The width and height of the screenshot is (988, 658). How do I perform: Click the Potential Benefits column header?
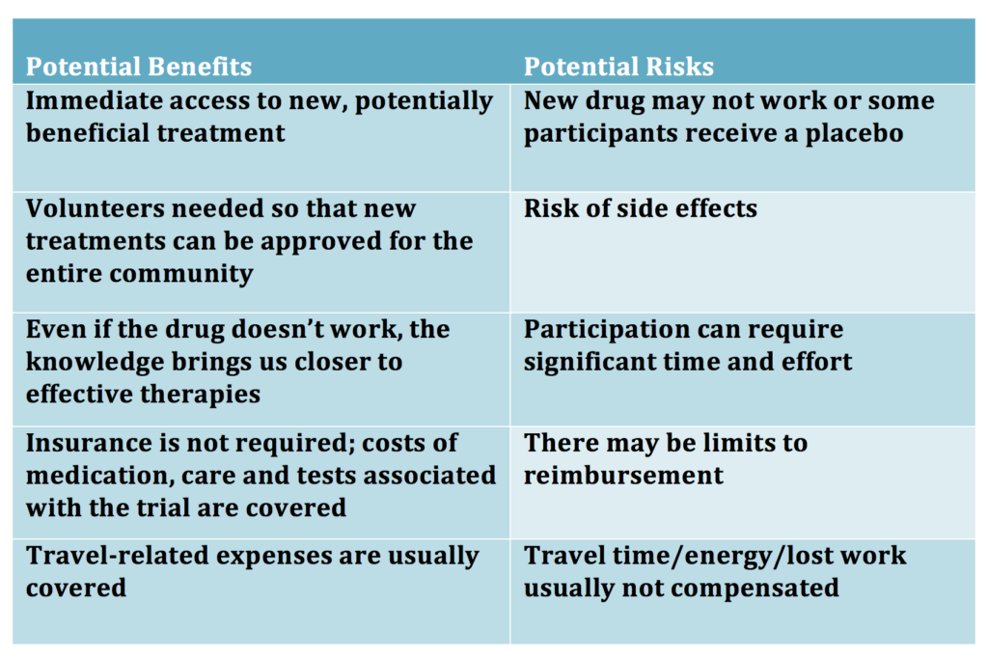coord(139,67)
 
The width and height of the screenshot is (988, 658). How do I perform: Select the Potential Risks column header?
coord(618,67)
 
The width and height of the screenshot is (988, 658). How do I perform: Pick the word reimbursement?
coord(624,476)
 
